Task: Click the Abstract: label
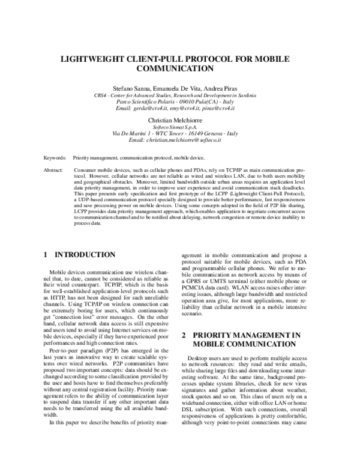tap(54, 171)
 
